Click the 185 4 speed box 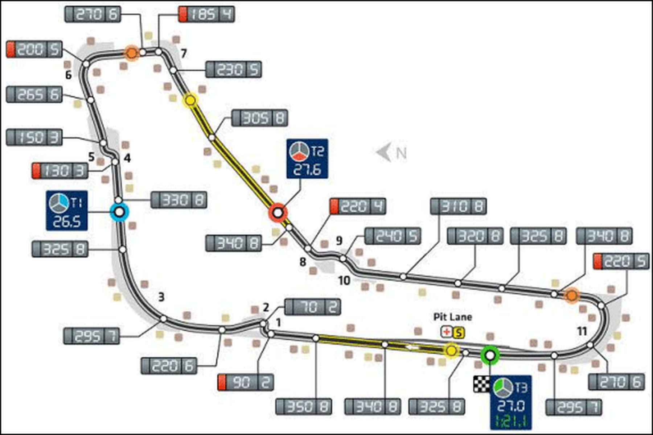pyautogui.click(x=206, y=14)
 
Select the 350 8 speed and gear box pyautogui.click(x=303, y=406)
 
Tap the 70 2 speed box pyautogui.click(x=313, y=307)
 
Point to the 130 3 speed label pyautogui.click(x=60, y=171)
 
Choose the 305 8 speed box pyautogui.click(x=260, y=118)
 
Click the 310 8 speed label pyautogui.click(x=458, y=206)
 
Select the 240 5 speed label pyautogui.click(x=393, y=236)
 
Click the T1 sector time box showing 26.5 pyautogui.click(x=67, y=211)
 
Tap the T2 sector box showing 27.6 pyautogui.click(x=307, y=159)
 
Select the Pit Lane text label pyautogui.click(x=453, y=317)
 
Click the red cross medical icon pyautogui.click(x=447, y=332)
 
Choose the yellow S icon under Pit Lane pyautogui.click(x=459, y=332)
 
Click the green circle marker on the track pyautogui.click(x=490, y=356)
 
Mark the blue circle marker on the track pyautogui.click(x=119, y=212)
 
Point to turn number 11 pyautogui.click(x=582, y=331)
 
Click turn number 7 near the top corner pyautogui.click(x=184, y=54)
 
